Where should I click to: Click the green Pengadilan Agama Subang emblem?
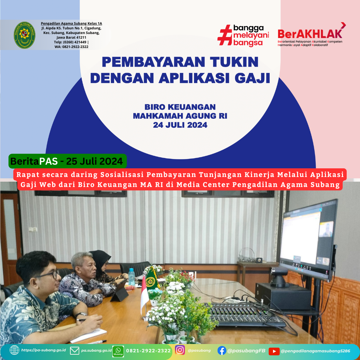25,35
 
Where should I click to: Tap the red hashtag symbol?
225,35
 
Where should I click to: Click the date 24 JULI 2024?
180,125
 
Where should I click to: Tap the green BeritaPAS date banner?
67,161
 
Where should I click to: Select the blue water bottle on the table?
132,277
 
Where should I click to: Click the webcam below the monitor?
279,277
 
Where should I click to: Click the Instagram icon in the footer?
180,350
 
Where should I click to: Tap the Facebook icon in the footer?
222,351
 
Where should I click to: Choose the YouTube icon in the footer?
274,351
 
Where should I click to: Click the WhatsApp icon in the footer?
118,351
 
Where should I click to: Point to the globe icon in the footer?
14,350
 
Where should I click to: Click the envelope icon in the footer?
75,351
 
